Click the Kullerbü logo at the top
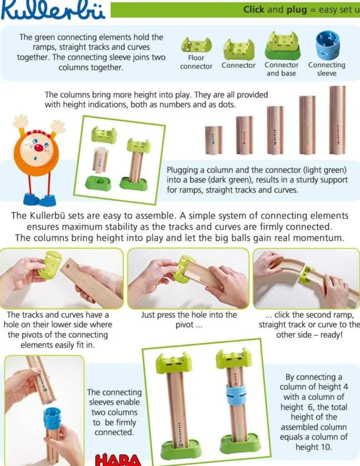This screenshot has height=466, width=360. pos(53,10)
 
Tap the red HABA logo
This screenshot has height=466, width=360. pos(118,460)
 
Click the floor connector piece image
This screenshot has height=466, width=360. pos(196,45)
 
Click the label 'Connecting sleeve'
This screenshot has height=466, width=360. pos(327,69)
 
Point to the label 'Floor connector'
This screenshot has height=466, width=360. pos(196,62)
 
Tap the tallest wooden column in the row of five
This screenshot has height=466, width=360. pos(337,119)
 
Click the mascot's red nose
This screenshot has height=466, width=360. pos(39,148)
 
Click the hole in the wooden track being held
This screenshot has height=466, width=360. pos(68,266)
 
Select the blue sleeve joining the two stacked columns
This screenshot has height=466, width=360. pos(236,394)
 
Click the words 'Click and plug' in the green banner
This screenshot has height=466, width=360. pos(275,10)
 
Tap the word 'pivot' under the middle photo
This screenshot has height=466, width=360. pos(184,325)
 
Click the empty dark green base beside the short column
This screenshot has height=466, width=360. pos(98,183)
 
